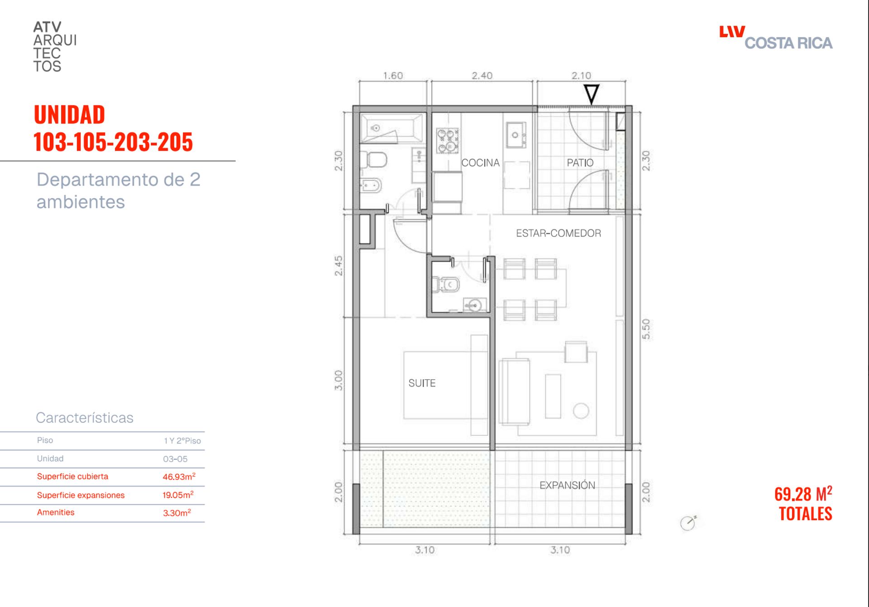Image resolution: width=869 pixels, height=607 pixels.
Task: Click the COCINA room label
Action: (480, 163)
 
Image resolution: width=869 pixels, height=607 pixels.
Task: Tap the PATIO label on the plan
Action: (580, 163)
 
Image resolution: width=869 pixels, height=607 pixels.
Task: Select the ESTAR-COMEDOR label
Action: (559, 233)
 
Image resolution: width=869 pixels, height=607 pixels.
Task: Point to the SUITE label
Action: (422, 383)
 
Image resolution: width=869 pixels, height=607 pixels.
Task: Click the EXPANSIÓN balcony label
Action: (567, 485)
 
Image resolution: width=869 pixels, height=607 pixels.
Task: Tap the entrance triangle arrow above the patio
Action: (591, 94)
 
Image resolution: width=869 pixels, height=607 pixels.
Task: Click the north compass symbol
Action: (688, 523)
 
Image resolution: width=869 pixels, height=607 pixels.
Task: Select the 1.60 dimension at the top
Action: (393, 76)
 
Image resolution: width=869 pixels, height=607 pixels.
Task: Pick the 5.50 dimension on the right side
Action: (646, 329)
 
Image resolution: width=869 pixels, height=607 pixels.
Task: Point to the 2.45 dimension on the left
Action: (339, 266)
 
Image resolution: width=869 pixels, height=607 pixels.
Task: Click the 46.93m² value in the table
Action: (179, 477)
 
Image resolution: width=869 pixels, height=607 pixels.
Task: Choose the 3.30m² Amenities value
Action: (177, 513)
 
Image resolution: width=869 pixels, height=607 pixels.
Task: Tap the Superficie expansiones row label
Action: (81, 495)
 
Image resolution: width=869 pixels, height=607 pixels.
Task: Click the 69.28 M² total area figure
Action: (803, 494)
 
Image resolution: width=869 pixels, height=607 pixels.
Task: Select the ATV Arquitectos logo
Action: (55, 47)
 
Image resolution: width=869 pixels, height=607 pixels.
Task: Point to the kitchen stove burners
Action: (447, 140)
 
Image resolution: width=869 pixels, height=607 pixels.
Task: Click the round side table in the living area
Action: (581, 411)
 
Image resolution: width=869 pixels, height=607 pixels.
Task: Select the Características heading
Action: (85, 417)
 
